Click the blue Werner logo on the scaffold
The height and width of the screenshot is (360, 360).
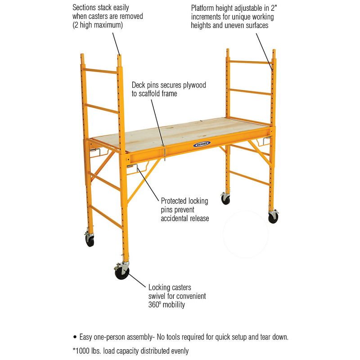tap(202, 144)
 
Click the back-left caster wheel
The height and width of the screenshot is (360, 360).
tap(90, 240)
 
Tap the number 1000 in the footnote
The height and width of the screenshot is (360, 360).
tap(83, 351)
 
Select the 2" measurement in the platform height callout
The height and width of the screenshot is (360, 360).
tap(274, 8)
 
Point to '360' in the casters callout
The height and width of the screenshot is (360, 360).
tap(153, 305)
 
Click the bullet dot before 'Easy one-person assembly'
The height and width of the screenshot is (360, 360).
tap(75, 337)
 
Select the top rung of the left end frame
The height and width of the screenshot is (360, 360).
tap(101, 71)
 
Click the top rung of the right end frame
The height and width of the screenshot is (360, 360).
tap(251, 62)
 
